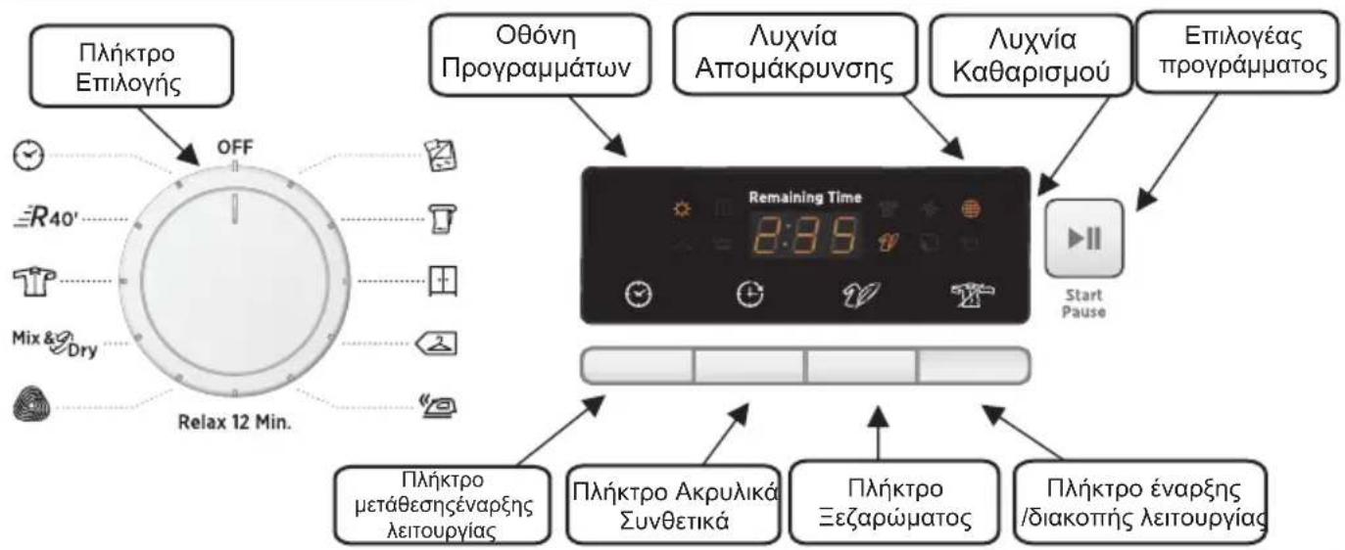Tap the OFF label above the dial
coord(233,147)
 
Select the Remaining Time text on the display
coord(805,198)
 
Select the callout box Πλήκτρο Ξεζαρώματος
coord(880,502)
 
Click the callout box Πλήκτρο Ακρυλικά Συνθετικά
coord(673,502)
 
